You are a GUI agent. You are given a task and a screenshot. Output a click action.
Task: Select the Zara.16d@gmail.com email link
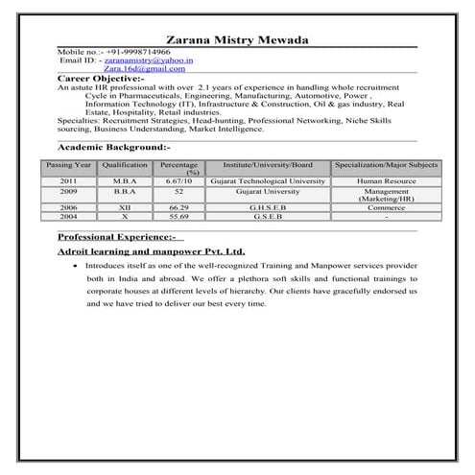[x=144, y=69]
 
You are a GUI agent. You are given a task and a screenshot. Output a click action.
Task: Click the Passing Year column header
[x=69, y=166]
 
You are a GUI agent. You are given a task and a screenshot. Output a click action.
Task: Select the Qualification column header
[x=125, y=166]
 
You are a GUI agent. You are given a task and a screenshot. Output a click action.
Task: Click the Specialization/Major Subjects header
[x=386, y=166]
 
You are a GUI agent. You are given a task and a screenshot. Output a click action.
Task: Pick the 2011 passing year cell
[x=68, y=180]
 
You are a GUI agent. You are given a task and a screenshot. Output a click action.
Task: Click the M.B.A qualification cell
[x=125, y=180]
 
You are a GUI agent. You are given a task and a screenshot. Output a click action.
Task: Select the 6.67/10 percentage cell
[x=178, y=180]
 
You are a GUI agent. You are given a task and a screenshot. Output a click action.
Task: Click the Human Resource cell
[x=386, y=180]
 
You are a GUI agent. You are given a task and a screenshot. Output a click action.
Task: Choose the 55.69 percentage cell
[x=178, y=216]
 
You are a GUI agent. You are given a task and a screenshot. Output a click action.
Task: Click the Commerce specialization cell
[x=386, y=207]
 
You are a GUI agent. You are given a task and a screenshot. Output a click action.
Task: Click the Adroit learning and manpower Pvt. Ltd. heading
[x=151, y=251]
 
